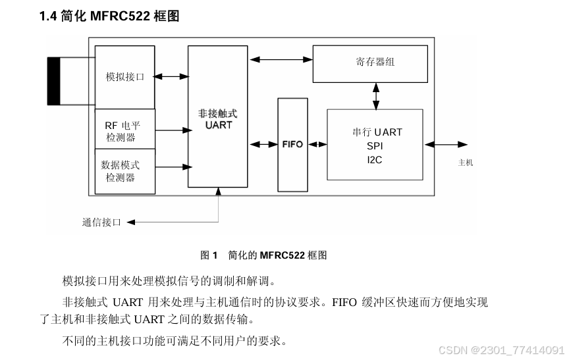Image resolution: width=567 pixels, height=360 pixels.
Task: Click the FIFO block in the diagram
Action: [292, 144]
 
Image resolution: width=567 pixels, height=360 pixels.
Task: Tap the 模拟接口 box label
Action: [125, 77]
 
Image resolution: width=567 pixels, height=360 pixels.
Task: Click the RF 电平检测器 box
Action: [125, 130]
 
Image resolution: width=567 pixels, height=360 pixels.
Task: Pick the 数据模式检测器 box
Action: [125, 171]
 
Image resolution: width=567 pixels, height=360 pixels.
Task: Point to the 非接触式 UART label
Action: [218, 118]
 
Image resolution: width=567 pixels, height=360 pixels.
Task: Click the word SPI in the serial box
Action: [375, 146]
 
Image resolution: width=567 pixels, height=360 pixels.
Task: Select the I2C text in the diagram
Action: [375, 159]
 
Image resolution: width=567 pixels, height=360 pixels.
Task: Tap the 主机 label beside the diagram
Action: [465, 163]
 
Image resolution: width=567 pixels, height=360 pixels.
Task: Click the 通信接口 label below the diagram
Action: [101, 222]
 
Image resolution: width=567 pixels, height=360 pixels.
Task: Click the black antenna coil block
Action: [53, 81]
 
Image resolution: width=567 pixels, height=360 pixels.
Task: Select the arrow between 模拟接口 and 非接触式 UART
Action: [171, 77]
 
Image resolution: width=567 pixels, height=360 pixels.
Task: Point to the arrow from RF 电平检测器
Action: [171, 130]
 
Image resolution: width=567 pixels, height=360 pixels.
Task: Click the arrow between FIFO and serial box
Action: [317, 144]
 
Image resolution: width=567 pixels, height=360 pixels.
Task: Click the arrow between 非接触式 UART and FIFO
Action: [263, 144]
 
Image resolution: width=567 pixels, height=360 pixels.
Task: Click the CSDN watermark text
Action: [500, 349]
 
